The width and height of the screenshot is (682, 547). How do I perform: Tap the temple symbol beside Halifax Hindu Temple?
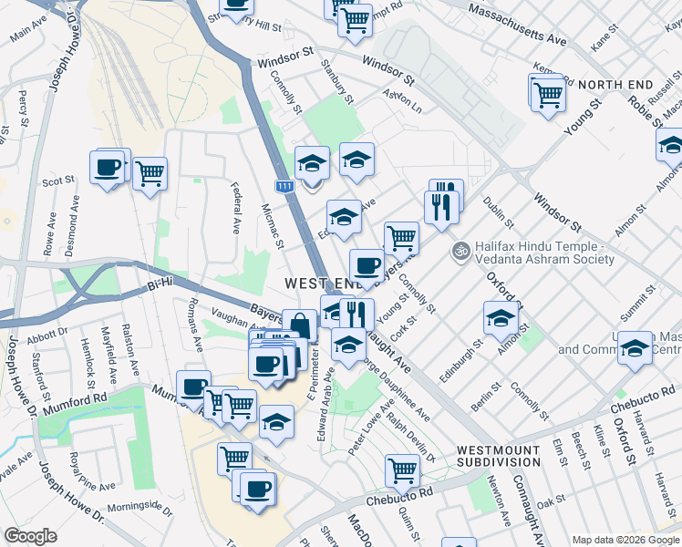(x=461, y=248)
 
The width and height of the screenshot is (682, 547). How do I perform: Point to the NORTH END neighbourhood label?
(x=615, y=85)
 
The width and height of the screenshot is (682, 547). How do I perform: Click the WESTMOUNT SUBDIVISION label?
(x=504, y=457)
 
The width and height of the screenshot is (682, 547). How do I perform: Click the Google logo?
(x=30, y=536)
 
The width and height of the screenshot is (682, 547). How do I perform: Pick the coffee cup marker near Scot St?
(x=107, y=168)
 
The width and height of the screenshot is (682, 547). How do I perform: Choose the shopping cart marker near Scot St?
(x=150, y=173)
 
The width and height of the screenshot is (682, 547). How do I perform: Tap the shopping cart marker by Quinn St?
(x=401, y=470)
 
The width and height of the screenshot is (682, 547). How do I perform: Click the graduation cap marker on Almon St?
(x=501, y=317)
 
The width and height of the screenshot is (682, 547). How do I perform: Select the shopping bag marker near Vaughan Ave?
(x=299, y=325)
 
